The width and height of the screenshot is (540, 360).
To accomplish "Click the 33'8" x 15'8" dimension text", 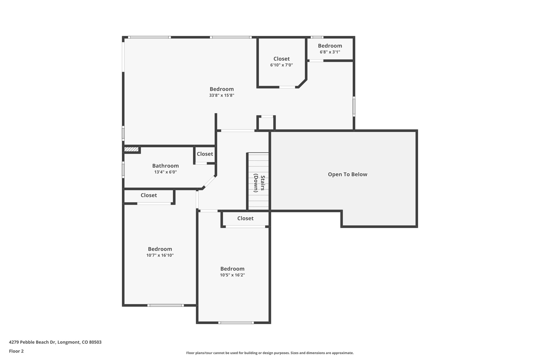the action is pyautogui.click(x=222, y=95).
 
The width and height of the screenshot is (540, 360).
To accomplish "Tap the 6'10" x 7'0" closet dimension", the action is pyautogui.click(x=282, y=65).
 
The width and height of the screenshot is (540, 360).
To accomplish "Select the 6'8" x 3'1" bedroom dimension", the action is pyautogui.click(x=330, y=52).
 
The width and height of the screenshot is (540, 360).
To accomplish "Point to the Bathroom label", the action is pyautogui.click(x=166, y=166).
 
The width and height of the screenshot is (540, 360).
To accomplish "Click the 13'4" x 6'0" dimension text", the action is pyautogui.click(x=166, y=172).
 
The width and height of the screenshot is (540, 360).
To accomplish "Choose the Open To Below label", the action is pyautogui.click(x=348, y=174).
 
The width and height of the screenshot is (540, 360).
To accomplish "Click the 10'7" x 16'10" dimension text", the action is pyautogui.click(x=160, y=255).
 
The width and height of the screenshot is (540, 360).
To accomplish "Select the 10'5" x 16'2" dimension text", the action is pyautogui.click(x=233, y=275).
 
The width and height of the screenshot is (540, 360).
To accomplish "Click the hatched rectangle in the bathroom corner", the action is pyautogui.click(x=131, y=150).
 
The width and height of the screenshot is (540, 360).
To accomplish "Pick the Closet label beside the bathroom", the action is pyautogui.click(x=205, y=154).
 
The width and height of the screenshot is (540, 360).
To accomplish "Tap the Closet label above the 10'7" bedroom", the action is pyautogui.click(x=149, y=195).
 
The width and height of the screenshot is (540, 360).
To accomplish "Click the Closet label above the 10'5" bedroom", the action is pyautogui.click(x=245, y=218).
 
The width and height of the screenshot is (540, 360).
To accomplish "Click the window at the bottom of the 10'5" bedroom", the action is pyautogui.click(x=236, y=323).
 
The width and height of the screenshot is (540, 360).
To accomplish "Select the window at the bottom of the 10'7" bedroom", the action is pyautogui.click(x=166, y=305).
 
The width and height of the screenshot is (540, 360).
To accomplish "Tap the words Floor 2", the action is pyautogui.click(x=16, y=351).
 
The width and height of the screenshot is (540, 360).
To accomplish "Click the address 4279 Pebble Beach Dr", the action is pyautogui.click(x=32, y=342).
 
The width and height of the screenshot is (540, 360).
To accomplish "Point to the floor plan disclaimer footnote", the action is pyautogui.click(x=270, y=353).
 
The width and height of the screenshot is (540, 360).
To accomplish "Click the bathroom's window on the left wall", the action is pyautogui.click(x=123, y=170).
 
